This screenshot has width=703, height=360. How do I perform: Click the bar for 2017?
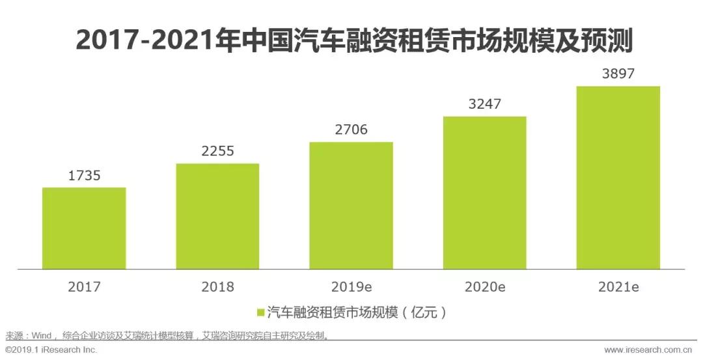[x=84, y=228]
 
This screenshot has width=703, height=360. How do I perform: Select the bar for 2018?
[x=217, y=216]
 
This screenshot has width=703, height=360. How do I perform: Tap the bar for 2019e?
[x=351, y=205]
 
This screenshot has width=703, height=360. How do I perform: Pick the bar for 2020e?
[x=484, y=193]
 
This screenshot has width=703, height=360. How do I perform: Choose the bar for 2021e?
[x=618, y=177]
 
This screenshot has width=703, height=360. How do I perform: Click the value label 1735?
[x=84, y=176]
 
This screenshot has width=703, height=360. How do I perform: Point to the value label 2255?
[x=217, y=152]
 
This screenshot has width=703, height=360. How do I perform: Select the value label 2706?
[x=351, y=130]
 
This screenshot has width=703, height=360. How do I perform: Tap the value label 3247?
[x=484, y=104]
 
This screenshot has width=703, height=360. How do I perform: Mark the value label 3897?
[x=618, y=74]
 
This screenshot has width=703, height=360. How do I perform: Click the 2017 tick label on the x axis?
[x=84, y=286]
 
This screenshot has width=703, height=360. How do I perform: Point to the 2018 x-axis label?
[x=217, y=286]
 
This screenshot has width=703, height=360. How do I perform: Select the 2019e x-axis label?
[x=351, y=286]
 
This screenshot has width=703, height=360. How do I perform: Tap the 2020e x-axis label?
[x=484, y=286]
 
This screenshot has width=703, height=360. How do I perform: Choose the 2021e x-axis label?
[x=618, y=286]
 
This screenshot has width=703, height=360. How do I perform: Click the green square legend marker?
[x=260, y=313]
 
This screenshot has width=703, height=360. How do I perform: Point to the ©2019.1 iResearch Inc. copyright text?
[x=51, y=350]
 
